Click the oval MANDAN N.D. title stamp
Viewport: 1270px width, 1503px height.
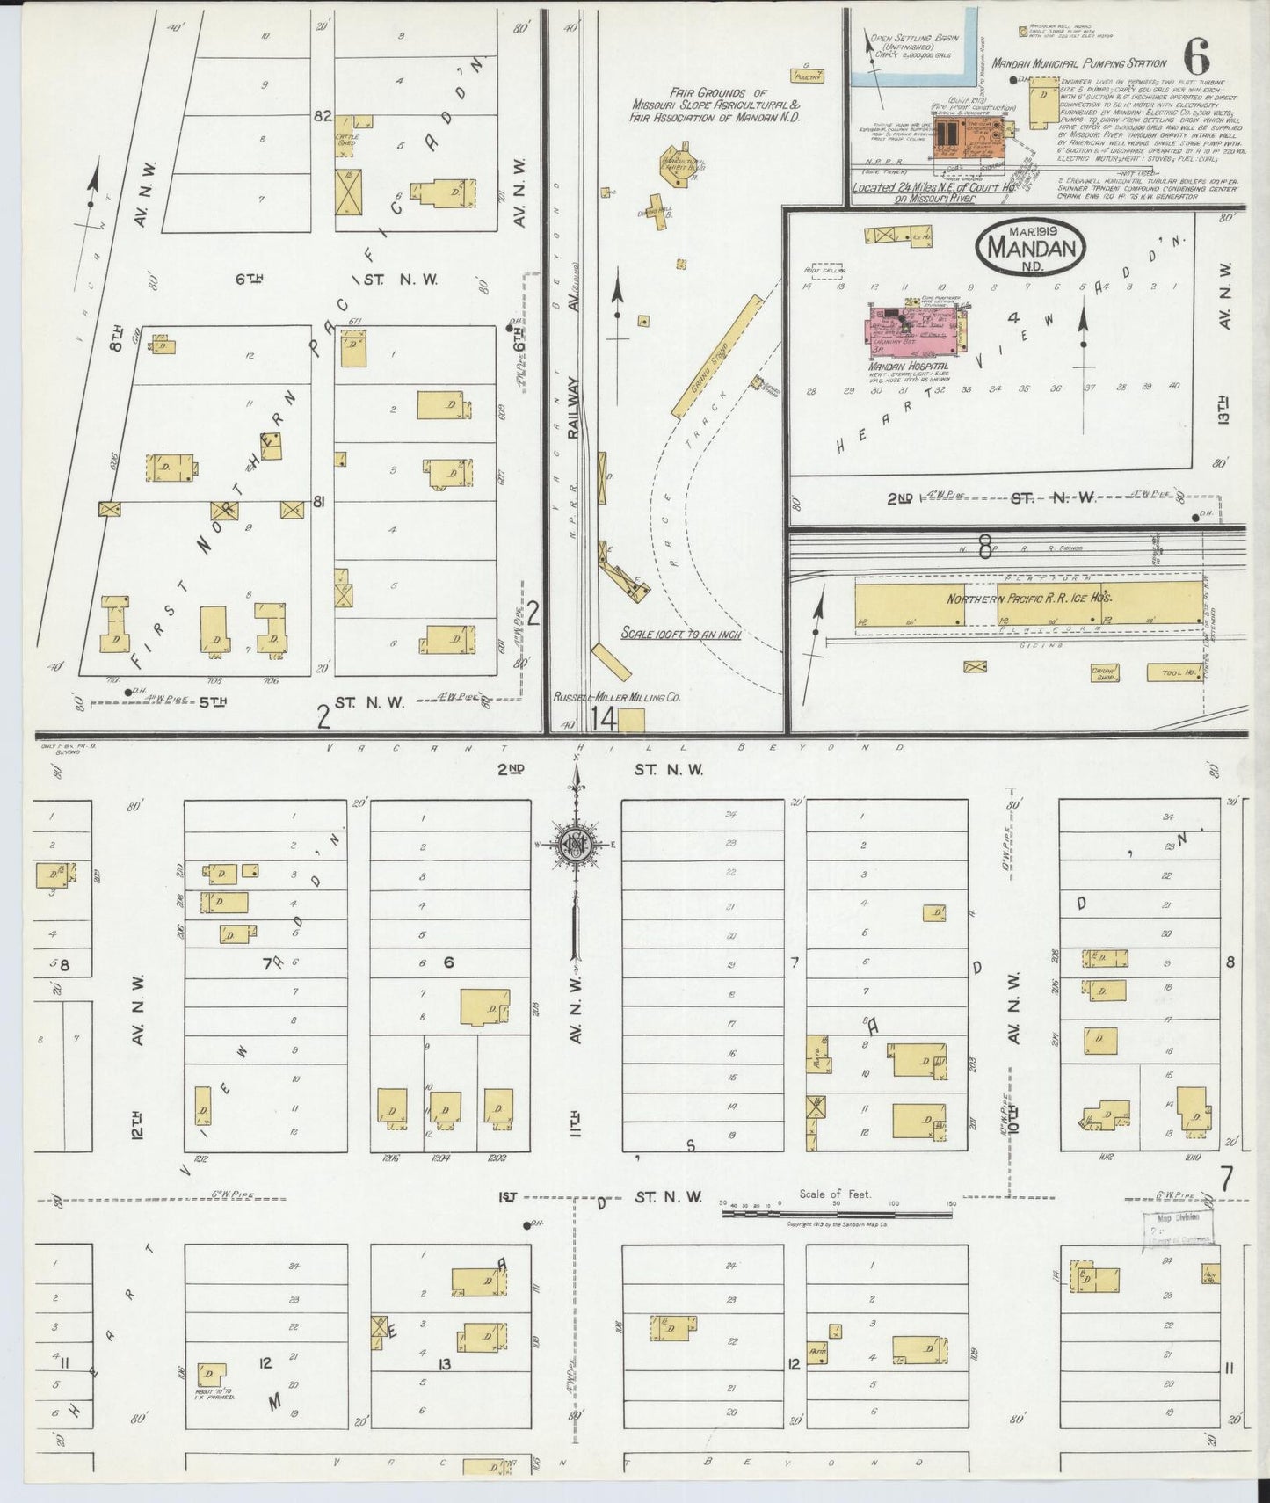[x=1031, y=246]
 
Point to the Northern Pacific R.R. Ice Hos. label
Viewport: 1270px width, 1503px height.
[x=1029, y=598]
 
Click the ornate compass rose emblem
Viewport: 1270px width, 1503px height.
[x=577, y=845]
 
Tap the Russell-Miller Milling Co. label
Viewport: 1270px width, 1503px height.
[x=617, y=697]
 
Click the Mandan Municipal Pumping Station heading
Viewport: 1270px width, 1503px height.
[x=1078, y=63]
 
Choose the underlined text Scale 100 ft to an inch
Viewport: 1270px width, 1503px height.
[x=680, y=634]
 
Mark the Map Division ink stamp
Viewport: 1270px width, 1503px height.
[x=1177, y=1227]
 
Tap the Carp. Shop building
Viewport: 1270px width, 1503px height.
[x=1104, y=673]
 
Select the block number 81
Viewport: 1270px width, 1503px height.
[x=320, y=502]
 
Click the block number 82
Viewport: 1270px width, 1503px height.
[x=323, y=116]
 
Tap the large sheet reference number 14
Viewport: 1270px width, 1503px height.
[x=604, y=719]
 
